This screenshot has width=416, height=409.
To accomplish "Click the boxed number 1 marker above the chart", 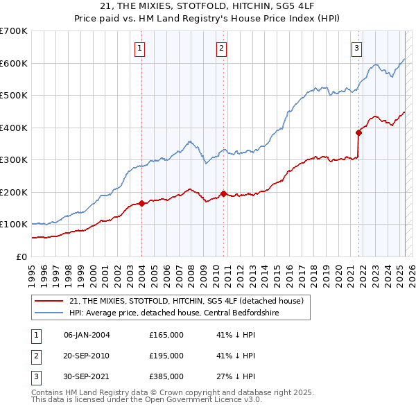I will tap(141, 49).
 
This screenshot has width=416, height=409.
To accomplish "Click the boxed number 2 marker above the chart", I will tap(221, 49).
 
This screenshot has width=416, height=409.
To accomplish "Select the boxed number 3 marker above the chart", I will tap(356, 49).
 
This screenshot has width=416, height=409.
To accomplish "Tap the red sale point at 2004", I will tap(141, 203).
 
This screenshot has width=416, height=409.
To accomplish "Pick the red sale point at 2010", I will tap(223, 193).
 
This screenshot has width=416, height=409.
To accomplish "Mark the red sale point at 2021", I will tap(358, 132).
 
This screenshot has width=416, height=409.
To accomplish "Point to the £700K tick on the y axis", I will tap(14, 31).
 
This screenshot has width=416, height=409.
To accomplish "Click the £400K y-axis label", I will tap(14, 128).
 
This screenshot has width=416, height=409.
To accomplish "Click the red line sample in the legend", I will tap(49, 301).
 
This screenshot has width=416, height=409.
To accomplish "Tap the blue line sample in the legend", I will tap(49, 313).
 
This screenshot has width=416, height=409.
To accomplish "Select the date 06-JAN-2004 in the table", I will tap(87, 335).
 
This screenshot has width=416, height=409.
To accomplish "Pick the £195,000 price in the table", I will tap(166, 356).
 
